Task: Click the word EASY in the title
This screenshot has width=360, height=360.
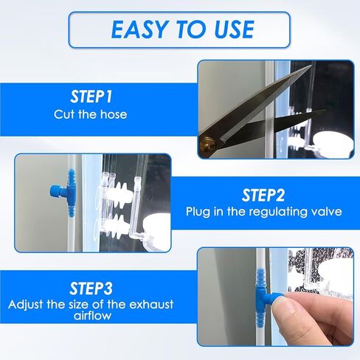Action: point(140,30)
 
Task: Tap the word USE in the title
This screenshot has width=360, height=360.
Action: point(234,30)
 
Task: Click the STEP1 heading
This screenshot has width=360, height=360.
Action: point(91,97)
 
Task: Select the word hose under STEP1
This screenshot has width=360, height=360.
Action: point(114,114)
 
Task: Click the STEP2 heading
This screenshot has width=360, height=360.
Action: point(263,195)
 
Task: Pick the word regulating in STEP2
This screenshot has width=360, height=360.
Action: point(278,212)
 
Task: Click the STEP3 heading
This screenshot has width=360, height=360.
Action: point(91,288)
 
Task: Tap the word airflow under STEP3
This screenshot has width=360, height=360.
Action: point(92,316)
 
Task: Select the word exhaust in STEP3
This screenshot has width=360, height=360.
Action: point(151,305)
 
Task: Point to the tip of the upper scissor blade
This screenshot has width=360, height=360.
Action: point(311,66)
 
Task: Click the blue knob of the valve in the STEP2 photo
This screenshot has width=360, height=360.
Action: point(55,192)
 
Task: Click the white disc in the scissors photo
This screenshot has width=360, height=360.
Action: point(333,143)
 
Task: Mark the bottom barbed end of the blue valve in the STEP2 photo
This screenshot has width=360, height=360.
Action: point(72,210)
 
